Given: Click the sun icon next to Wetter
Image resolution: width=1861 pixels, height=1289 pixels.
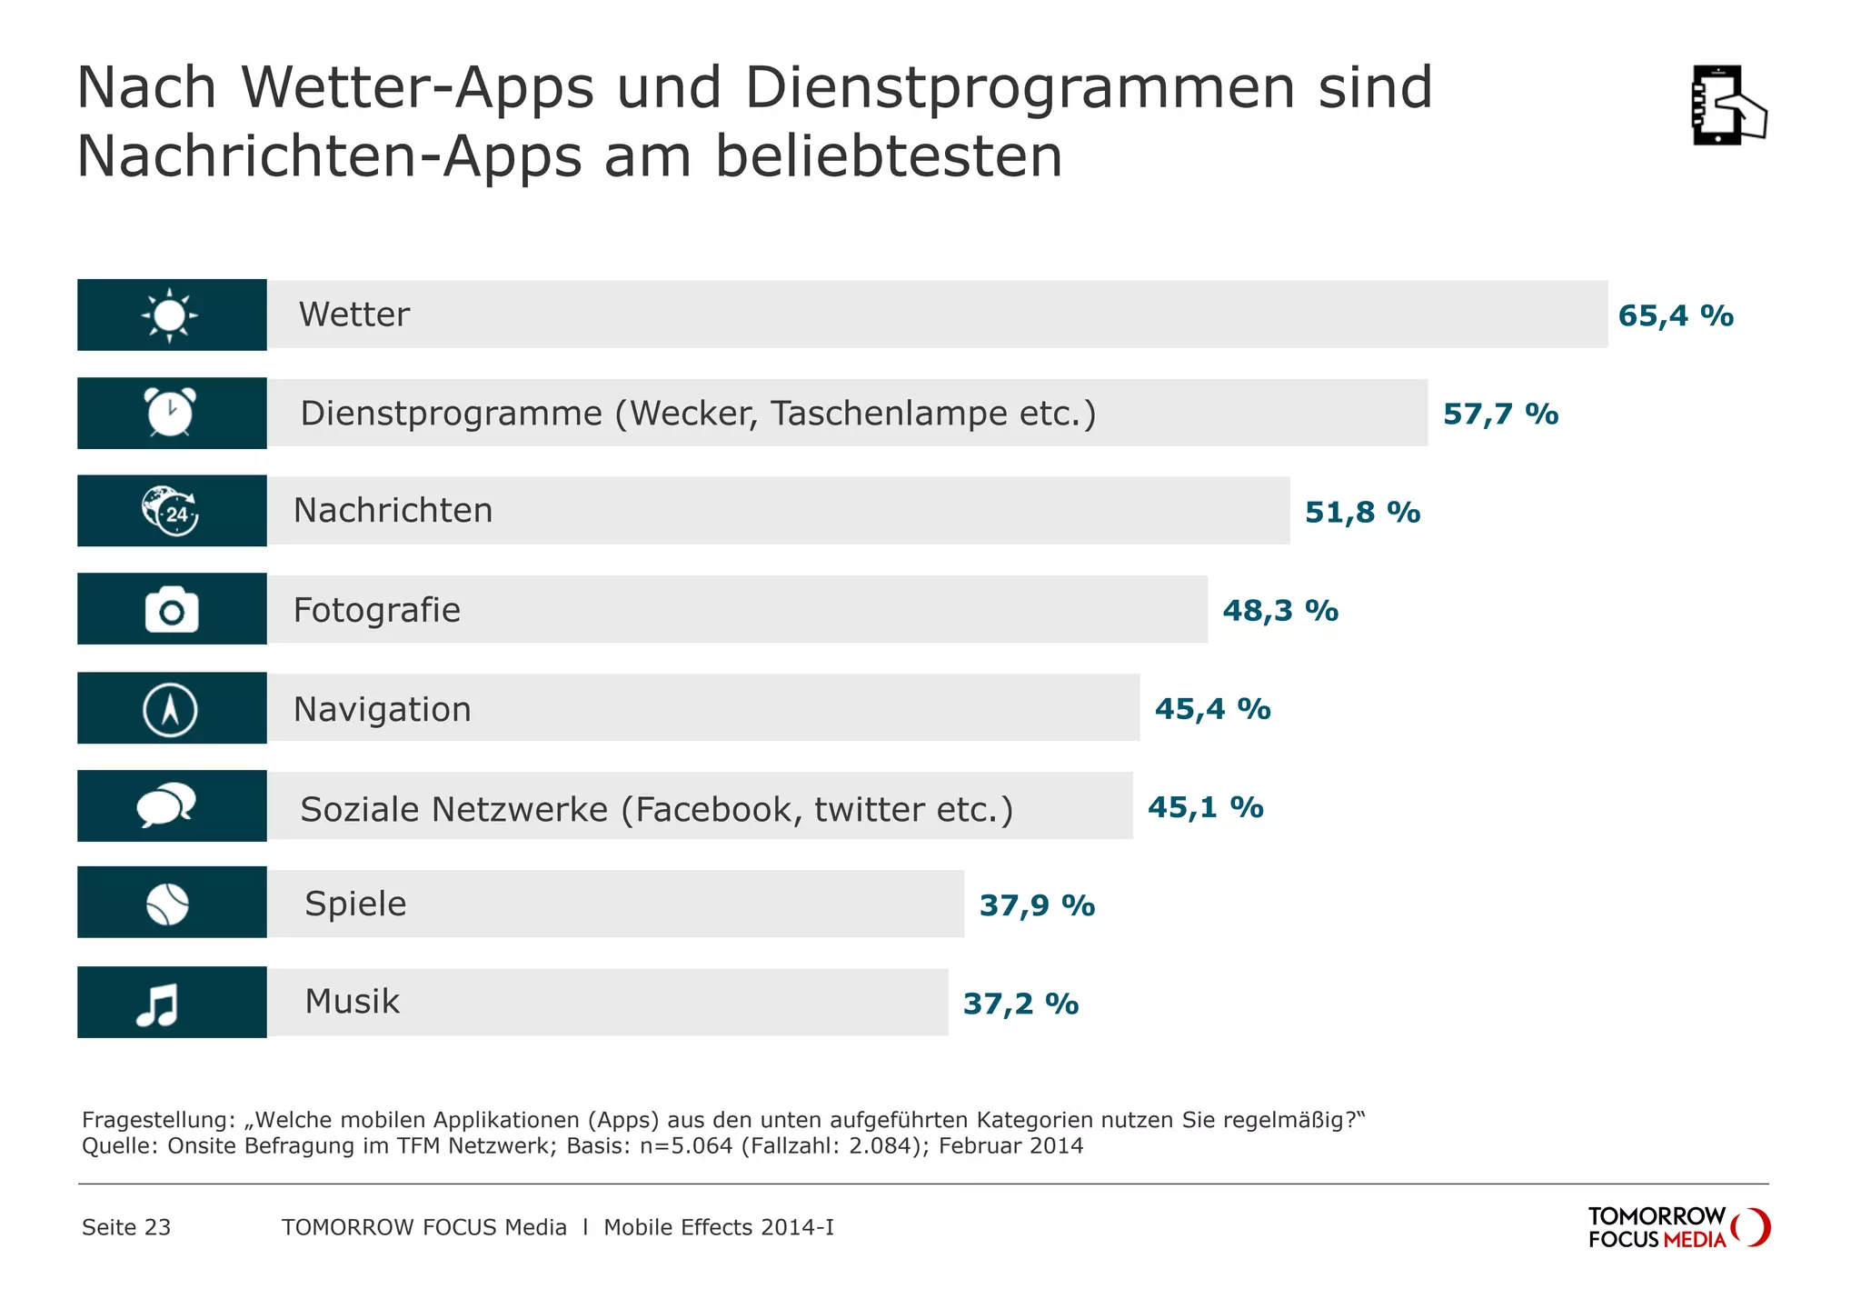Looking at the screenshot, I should coord(170,315).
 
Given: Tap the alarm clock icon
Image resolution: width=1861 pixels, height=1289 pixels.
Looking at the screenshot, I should coord(170,413).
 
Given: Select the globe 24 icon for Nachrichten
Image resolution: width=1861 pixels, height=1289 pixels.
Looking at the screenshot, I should coord(170,511).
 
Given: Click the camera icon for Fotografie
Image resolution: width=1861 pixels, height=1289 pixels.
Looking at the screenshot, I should coord(172,609).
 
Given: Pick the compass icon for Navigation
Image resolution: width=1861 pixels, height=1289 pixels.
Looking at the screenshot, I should coord(170,709).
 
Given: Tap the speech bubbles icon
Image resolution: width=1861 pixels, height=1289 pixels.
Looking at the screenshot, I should coord(166,805).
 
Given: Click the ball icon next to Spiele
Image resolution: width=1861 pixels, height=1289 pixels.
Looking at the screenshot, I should coord(168,904).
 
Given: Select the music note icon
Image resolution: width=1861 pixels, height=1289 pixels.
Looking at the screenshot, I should coord(158,1004).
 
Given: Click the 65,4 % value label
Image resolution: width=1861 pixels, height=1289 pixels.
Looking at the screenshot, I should coord(1676,316).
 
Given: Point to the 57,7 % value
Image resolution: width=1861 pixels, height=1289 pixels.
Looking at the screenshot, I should coord(1500,415).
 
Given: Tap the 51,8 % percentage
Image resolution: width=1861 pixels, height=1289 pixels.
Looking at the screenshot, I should coord(1362,513).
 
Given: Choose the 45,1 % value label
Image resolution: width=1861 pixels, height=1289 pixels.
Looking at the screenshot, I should coord(1205,807).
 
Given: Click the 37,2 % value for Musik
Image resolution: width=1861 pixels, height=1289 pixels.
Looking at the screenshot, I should coord(1020,1004).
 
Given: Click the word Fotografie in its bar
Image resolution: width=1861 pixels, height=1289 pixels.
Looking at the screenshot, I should coord(376,610).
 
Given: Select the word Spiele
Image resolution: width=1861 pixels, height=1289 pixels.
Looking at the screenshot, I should coord(355,904).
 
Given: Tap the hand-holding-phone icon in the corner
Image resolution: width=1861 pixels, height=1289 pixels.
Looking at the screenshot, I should coord(1727,105).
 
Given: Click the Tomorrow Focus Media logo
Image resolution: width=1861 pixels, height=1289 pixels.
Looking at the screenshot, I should coord(1677,1227).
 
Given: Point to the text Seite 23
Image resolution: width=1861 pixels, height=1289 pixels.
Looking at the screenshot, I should coord(126,1227).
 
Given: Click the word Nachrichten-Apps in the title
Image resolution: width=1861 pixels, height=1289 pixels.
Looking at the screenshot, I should coord(329,156).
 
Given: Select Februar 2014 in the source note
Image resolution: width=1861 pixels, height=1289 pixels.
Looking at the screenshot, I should coord(1010,1145).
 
